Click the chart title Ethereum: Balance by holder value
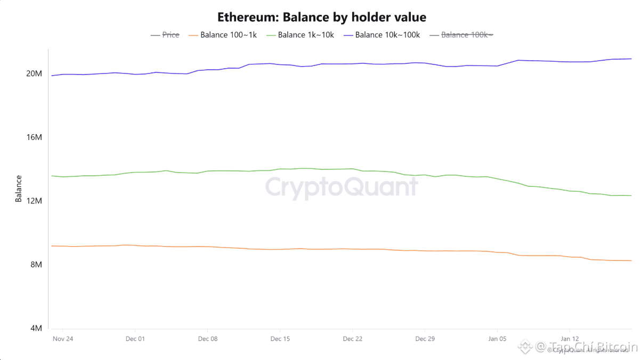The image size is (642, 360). (x=321, y=17)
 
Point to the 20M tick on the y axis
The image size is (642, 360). (x=34, y=73)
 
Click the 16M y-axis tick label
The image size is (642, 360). (x=34, y=137)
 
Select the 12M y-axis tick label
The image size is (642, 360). (x=34, y=201)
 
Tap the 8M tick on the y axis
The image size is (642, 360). (x=36, y=265)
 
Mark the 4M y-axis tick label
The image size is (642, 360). (x=36, y=329)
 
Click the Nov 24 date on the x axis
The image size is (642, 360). (x=62, y=339)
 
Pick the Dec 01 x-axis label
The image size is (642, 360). (x=135, y=339)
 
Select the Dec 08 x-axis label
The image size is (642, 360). (x=207, y=339)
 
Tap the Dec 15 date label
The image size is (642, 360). (x=280, y=339)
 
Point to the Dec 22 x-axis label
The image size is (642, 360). (x=352, y=339)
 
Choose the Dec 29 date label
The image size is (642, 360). (x=425, y=339)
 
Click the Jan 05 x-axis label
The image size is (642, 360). (x=497, y=339)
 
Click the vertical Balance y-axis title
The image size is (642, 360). (x=19, y=189)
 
